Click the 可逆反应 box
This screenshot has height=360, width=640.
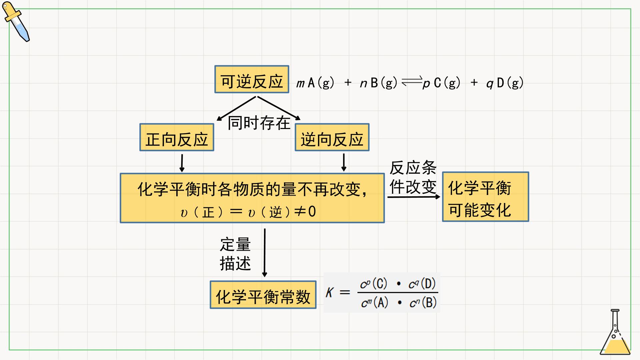pyautogui.click(x=252, y=79)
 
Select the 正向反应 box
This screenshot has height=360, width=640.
pyautogui.click(x=177, y=137)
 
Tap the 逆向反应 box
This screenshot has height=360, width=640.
pyautogui.click(x=332, y=137)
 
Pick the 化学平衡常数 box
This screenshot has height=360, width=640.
pyautogui.click(x=263, y=295)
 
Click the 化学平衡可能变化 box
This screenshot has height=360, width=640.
pyautogui.click(x=485, y=197)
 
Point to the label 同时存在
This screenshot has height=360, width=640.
pyautogui.click(x=259, y=123)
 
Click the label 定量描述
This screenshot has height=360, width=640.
pyautogui.click(x=235, y=254)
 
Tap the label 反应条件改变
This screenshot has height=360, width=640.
pyautogui.click(x=413, y=177)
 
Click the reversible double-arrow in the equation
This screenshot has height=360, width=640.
pyautogui.click(x=412, y=82)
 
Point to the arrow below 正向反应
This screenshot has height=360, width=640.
pyautogui.click(x=182, y=163)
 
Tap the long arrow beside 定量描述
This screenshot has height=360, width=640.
pyautogui.click(x=265, y=253)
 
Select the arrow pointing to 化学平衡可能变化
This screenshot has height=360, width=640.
pyautogui.click(x=414, y=197)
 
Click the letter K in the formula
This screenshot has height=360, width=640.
pyautogui.click(x=329, y=292)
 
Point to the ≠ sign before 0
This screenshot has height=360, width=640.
pyautogui.click(x=301, y=211)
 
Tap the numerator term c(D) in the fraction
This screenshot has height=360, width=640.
pyautogui.click(x=422, y=284)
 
